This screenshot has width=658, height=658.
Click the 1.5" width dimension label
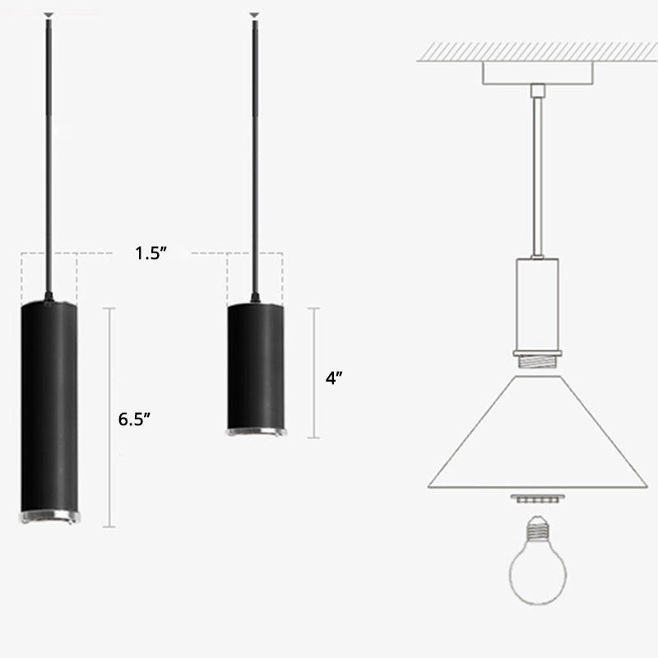[x=152, y=253]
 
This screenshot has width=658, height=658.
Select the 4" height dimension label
[x=333, y=378]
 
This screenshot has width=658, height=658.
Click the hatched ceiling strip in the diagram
[x=535, y=50]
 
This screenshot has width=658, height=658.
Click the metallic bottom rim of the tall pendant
[x=49, y=517]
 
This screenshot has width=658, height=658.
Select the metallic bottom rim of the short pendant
[x=255, y=432]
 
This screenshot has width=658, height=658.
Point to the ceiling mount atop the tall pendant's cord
[x=49, y=15]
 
